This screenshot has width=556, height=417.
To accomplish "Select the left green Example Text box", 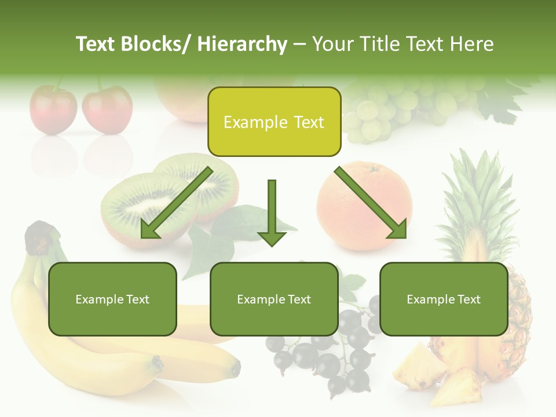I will pyautogui.click(x=112, y=299).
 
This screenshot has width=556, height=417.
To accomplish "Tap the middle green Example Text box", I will pyautogui.click(x=274, y=299).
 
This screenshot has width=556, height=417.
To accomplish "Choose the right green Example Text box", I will pyautogui.click(x=444, y=299).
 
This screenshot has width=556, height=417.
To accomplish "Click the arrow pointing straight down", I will pyautogui.click(x=272, y=214).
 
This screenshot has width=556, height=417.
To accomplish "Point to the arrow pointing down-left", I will pyautogui.click(x=177, y=203).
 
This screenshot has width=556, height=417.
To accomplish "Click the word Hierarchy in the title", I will pyautogui.click(x=242, y=44).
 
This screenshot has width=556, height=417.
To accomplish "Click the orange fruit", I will pyautogui.click(x=364, y=206).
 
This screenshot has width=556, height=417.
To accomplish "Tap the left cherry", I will pyautogui.click(x=53, y=108).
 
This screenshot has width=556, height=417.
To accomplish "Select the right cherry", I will pyautogui.click(x=107, y=108).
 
